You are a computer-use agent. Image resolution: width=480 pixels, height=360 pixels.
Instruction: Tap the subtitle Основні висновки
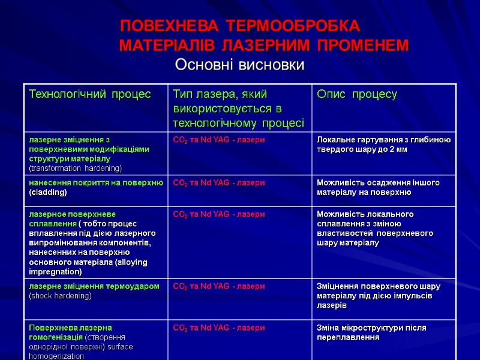pos(239,64)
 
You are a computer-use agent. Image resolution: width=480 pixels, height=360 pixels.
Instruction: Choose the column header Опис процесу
pos(356,94)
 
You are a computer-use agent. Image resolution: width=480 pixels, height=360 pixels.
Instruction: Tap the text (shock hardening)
pos(60,296)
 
